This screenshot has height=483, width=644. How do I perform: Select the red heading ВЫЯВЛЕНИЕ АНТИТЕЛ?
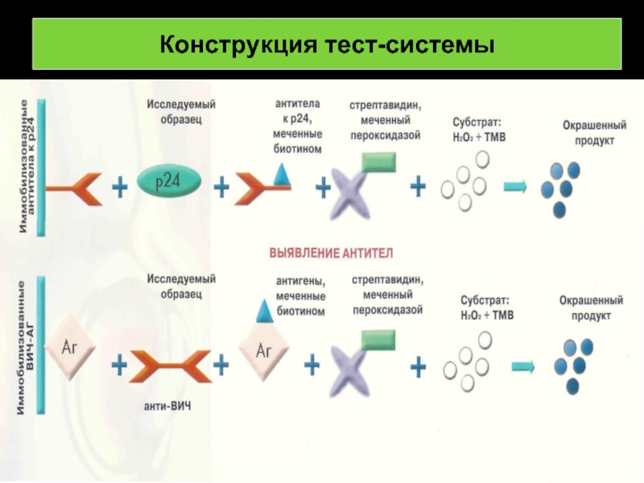[329, 253]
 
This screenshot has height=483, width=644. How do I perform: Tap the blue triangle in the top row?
[281, 173]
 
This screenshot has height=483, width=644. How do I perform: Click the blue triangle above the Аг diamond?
[263, 310]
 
